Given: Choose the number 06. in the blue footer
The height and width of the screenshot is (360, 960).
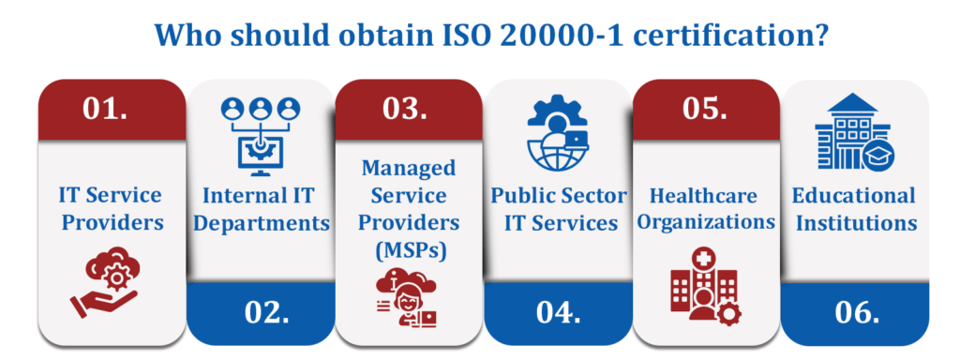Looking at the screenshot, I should coord(854,311).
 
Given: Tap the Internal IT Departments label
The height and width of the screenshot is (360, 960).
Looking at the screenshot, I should coord(260,209).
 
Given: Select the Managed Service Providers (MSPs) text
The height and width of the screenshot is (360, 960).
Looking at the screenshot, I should coord(409,209).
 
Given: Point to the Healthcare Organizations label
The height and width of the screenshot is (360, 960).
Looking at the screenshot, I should coord(706,209).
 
